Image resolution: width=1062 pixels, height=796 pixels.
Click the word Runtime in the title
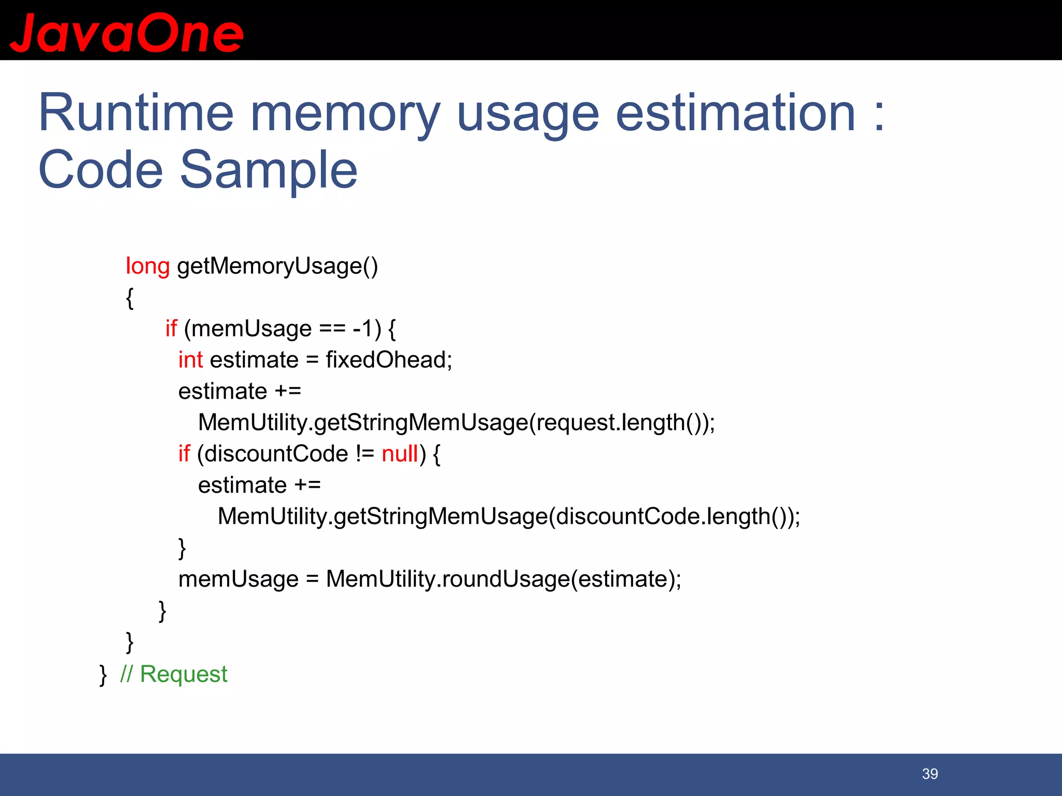[136, 113]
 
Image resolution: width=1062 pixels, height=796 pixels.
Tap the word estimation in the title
[735, 113]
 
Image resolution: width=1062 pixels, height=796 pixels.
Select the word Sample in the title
[269, 170]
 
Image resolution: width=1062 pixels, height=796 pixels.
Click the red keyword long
[147, 266]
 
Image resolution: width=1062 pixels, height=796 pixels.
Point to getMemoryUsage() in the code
[277, 266]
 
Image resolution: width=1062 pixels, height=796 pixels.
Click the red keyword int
[190, 360]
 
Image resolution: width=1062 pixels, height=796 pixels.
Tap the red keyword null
[399, 453]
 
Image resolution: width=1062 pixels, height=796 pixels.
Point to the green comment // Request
[174, 674]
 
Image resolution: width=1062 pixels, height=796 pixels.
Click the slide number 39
[930, 774]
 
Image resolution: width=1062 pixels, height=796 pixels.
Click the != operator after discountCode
[365, 453]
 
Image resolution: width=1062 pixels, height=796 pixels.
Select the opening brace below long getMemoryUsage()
[130, 298]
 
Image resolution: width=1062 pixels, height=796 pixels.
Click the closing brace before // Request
[103, 675]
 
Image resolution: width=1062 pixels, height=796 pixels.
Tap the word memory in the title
[345, 113]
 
